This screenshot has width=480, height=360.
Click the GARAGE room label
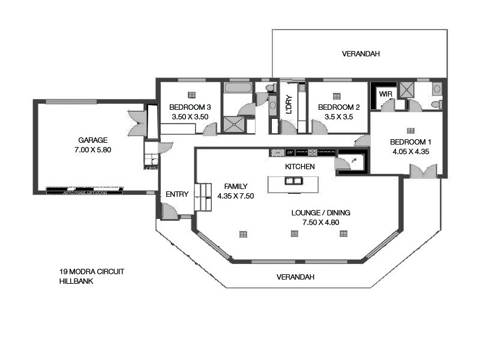[x=92, y=140]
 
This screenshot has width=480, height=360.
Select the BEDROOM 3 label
[x=190, y=108]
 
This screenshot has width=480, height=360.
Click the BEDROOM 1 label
[x=410, y=142]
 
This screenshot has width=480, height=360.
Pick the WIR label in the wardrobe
[x=385, y=94]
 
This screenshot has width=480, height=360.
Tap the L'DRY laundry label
[x=289, y=105]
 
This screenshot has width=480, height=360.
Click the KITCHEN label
[x=299, y=166]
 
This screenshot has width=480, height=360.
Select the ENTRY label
[x=177, y=194]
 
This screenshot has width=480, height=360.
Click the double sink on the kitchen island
[x=293, y=181]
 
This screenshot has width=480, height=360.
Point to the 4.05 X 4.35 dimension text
[x=410, y=152]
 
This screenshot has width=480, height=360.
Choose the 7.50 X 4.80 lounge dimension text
[x=321, y=223]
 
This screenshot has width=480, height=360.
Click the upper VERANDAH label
[x=361, y=54]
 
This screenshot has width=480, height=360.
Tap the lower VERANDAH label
[x=295, y=277]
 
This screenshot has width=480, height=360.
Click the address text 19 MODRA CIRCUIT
[x=92, y=271]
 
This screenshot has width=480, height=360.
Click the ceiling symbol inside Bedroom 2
[x=337, y=95]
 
